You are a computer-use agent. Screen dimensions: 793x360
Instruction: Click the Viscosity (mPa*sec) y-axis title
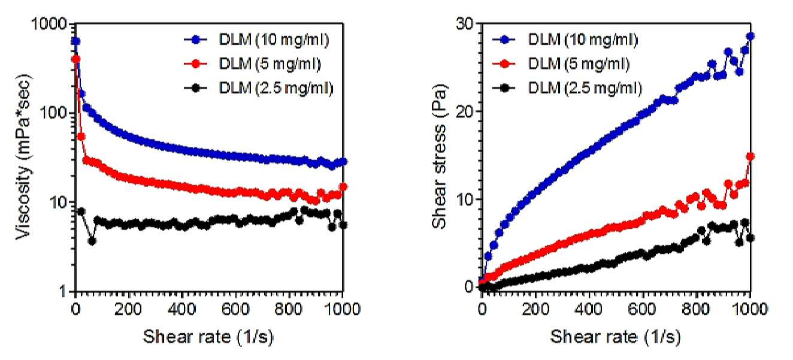tap(23, 157)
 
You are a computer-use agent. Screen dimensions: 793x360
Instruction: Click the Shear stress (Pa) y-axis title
tap(440, 157)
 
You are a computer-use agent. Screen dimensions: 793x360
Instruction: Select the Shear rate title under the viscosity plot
tap(208, 337)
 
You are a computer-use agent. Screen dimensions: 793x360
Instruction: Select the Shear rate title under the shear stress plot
tap(615, 337)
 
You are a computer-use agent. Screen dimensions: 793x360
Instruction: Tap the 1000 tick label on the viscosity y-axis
tap(49, 24)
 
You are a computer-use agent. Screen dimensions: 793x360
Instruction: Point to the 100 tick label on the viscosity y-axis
tap(54, 113)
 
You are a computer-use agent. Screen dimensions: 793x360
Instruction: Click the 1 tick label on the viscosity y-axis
tap(63, 291)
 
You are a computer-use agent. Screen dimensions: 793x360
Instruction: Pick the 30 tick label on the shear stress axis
tap(465, 24)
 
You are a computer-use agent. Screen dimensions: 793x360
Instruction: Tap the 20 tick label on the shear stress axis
tap(465, 112)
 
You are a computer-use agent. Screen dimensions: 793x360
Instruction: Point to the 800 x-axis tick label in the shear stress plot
tap(696, 310)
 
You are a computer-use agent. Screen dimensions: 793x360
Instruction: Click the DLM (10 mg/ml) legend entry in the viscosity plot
tap(257, 40)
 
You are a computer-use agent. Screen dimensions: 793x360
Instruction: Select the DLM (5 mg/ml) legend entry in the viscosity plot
tap(252, 64)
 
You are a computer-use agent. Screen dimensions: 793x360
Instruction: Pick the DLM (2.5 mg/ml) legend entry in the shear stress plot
tap(567, 88)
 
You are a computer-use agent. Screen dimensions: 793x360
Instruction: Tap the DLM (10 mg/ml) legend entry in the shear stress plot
tap(565, 40)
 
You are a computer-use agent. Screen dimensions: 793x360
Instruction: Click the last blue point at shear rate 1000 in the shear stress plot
tap(750, 36)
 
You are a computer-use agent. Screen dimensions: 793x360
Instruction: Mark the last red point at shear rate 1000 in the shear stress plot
tap(750, 156)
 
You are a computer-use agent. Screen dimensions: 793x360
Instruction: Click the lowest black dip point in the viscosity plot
tap(92, 241)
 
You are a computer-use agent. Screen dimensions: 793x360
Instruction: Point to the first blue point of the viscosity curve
tap(75, 41)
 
